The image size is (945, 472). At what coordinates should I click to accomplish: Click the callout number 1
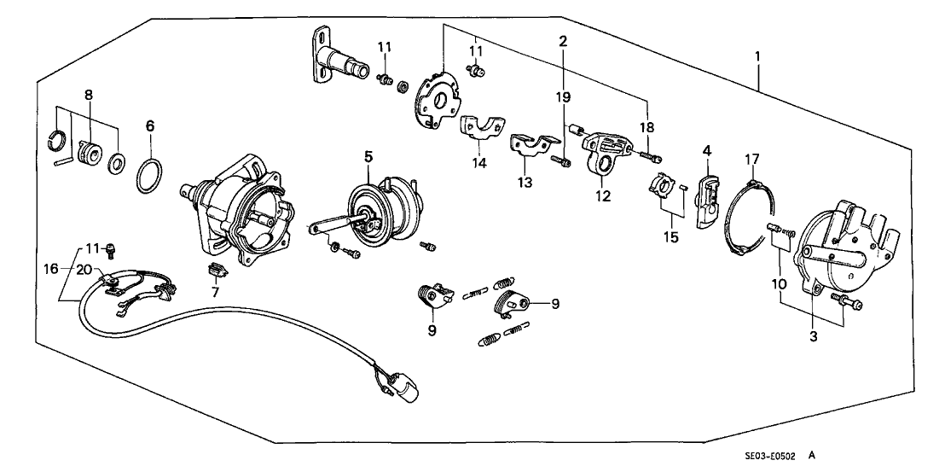[x=757, y=56]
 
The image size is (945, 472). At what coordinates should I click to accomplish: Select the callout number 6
[x=150, y=125]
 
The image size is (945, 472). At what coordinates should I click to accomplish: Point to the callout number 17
[x=751, y=159]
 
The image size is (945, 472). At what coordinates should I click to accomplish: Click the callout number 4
[x=706, y=151]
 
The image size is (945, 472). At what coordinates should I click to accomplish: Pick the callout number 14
[x=480, y=162]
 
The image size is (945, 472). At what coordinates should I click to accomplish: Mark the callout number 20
[x=84, y=270]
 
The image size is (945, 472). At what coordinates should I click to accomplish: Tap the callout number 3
[x=814, y=337]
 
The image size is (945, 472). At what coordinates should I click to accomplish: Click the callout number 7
[x=216, y=292]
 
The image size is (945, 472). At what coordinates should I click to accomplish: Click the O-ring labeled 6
[x=150, y=176]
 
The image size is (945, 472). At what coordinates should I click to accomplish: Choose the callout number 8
[x=88, y=95]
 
